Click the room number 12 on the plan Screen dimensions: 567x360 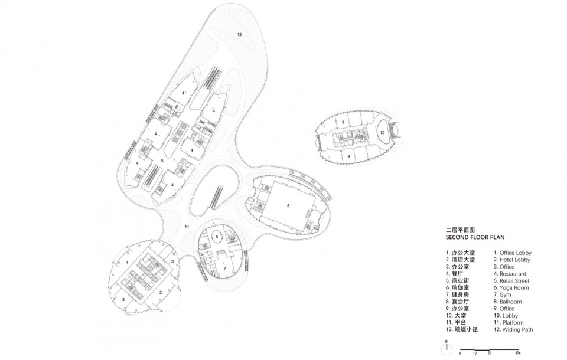[x=239, y=35]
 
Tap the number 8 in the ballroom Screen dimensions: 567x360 [x=288, y=206]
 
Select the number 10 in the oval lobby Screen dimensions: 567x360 [x=382, y=133]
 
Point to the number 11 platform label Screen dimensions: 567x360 [x=187, y=227]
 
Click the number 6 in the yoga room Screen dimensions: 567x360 [x=217, y=237]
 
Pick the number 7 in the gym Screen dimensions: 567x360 [x=224, y=268]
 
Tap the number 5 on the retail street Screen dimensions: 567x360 [x=162, y=161]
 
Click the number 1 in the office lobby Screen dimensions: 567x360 [x=128, y=262]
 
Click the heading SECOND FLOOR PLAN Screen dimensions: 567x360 [x=475, y=237]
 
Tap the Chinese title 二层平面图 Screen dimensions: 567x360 [x=460, y=230]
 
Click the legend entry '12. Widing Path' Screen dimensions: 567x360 [x=513, y=329]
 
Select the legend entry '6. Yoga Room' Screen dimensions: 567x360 [x=511, y=288]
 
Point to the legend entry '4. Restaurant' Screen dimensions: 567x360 [x=510, y=274]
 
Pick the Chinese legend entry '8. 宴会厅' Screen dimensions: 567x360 [x=457, y=302]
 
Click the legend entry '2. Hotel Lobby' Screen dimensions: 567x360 [x=512, y=260]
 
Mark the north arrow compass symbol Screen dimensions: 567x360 [x=447, y=348]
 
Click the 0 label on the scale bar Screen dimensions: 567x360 [x=460, y=352]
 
